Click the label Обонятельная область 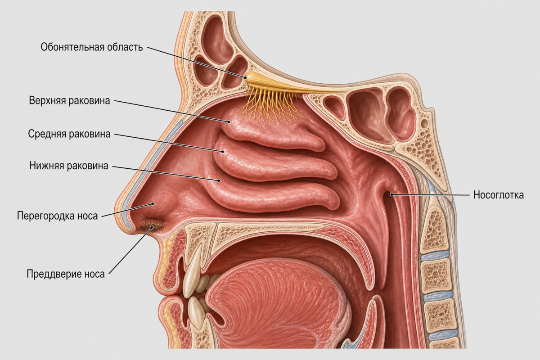[92, 47]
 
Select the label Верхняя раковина [69, 100]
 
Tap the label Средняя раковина [69, 134]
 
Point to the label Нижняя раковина [69, 166]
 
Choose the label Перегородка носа [58, 216]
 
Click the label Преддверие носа [66, 274]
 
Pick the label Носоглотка [499, 195]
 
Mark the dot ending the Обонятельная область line [245, 78]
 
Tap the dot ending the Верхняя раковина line [229, 122]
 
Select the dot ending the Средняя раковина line [223, 152]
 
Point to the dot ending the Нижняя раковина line [219, 180]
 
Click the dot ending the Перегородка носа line [153, 204]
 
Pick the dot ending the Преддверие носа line [152, 227]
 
